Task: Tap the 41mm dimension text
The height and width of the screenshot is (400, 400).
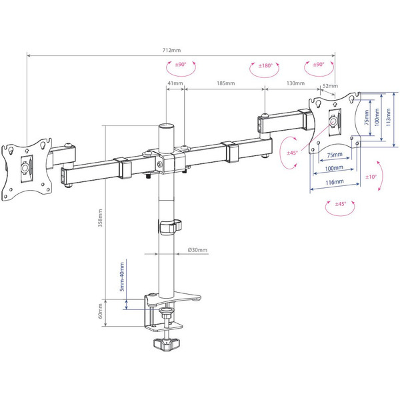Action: coord(175,83)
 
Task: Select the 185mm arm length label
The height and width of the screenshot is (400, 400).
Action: coord(225,83)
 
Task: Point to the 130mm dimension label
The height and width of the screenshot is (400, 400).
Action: coord(295,83)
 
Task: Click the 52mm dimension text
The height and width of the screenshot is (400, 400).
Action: coord(328,86)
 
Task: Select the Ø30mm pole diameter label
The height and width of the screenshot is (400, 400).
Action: coord(198,250)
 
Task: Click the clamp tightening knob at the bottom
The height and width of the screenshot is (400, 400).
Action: coord(165,345)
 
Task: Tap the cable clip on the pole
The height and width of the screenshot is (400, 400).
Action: coord(170,225)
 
